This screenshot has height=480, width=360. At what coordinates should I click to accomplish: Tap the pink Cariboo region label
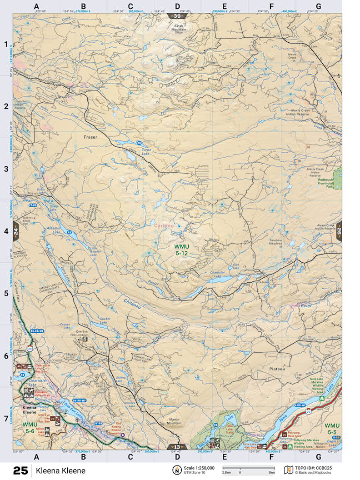163,225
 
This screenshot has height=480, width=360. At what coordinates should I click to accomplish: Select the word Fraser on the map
91,136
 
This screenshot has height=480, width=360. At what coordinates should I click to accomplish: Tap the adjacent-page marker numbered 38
178,16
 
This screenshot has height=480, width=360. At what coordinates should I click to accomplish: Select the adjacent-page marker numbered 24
16,231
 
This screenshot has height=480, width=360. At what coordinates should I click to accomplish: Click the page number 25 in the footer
20,470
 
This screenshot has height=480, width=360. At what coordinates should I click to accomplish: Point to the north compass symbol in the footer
175,470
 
